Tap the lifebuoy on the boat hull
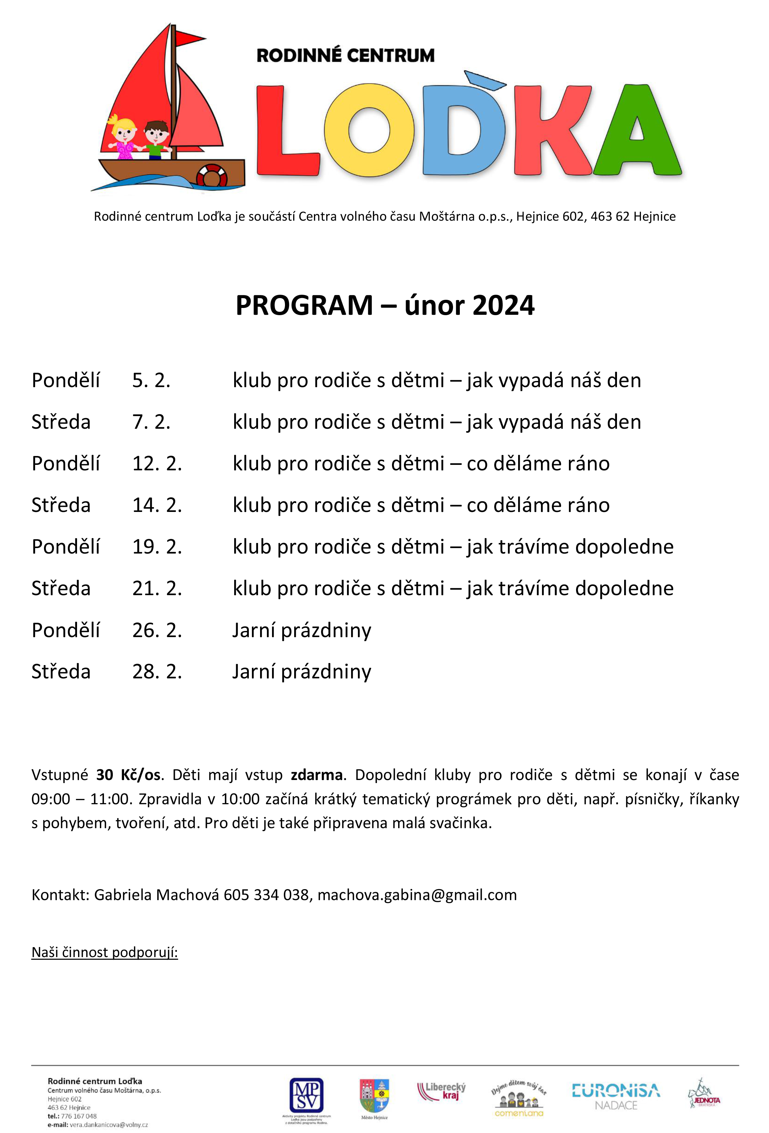(x=212, y=176)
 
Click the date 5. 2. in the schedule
(x=151, y=381)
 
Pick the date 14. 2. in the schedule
(x=157, y=505)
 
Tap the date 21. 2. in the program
(x=157, y=589)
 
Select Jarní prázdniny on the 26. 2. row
(x=302, y=631)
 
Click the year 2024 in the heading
(x=503, y=306)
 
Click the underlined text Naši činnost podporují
(x=105, y=952)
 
